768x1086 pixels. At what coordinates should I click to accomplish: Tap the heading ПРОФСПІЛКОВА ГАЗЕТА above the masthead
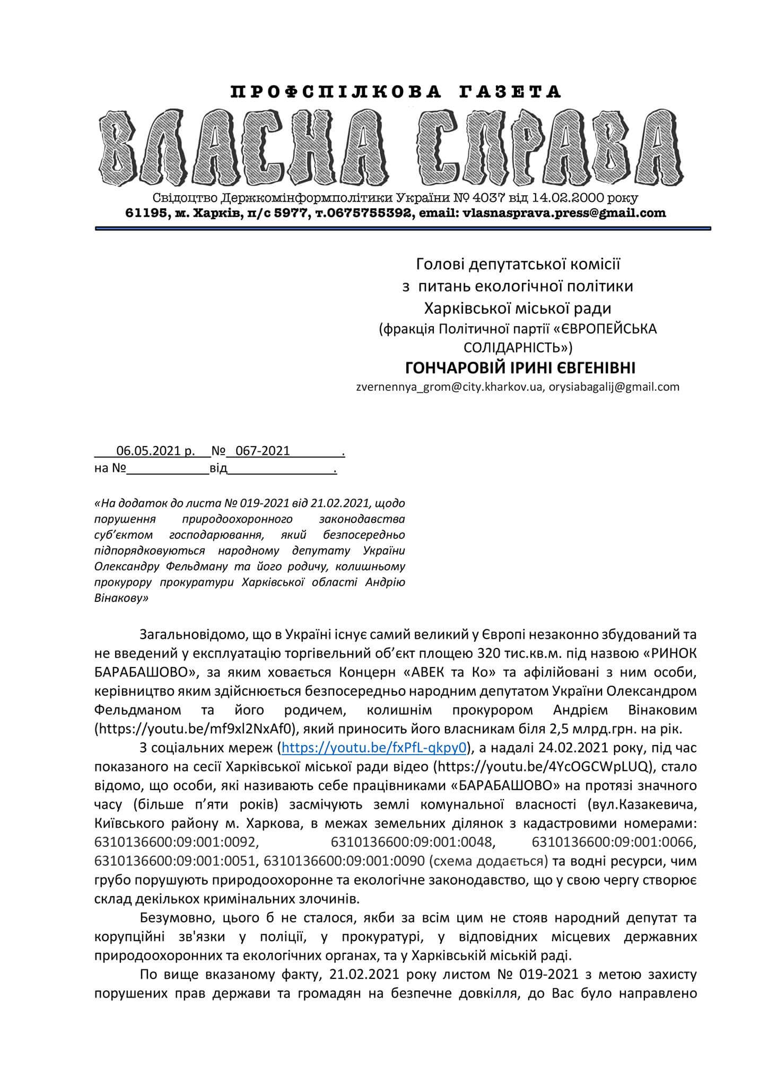(x=396, y=92)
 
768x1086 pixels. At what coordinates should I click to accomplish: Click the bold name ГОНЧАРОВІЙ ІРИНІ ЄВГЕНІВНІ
(x=520, y=367)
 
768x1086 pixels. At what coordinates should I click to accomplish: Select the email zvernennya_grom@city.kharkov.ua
(x=450, y=387)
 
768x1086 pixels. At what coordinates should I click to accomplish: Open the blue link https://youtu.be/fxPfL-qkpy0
(x=374, y=748)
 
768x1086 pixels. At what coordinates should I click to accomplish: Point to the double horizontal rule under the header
(x=403, y=229)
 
